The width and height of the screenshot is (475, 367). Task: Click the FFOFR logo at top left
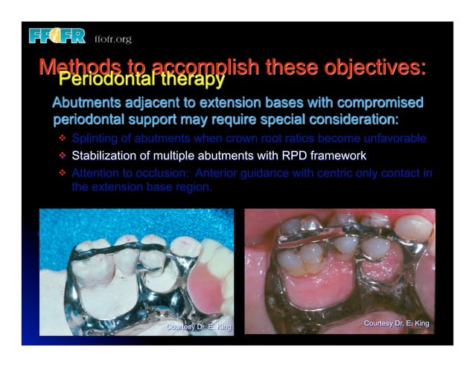57,36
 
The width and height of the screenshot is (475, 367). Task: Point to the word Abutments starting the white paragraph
86,102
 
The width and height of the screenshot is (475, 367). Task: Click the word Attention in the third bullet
95,173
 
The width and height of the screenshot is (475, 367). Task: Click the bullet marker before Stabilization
63,156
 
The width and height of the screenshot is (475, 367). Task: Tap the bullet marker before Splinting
63,138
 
